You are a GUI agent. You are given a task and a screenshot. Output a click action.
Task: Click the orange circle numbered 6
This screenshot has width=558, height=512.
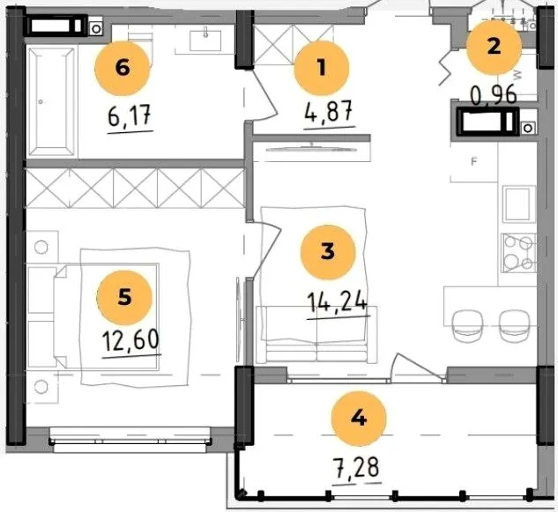[x=123, y=68]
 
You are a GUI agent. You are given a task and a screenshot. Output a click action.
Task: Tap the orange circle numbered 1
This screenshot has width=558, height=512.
[x=322, y=68]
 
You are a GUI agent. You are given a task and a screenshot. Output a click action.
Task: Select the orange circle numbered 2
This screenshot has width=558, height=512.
[x=494, y=48]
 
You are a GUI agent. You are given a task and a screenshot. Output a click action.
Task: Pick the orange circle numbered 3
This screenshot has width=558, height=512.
[x=328, y=252]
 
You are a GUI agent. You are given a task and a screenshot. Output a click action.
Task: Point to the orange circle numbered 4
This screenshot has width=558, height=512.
[x=359, y=419]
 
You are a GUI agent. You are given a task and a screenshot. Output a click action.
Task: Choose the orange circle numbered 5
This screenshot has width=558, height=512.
[x=124, y=298]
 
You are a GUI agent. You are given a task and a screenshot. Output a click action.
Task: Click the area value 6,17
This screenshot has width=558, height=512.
[x=130, y=116]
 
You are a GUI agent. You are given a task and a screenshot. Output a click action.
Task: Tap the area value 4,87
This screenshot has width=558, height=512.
[x=329, y=111]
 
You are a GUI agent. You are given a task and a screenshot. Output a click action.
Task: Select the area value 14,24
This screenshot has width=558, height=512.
[x=338, y=302]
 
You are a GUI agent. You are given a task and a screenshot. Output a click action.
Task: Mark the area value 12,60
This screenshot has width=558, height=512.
[x=130, y=340]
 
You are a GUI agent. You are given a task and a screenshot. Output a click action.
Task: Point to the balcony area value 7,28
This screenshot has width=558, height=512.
[x=356, y=468]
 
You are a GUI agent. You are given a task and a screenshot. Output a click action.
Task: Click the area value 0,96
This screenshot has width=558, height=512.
[x=494, y=96]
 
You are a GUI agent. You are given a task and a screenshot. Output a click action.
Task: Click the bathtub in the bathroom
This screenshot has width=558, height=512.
[x=52, y=101]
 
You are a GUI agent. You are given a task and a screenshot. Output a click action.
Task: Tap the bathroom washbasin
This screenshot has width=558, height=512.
[x=205, y=41]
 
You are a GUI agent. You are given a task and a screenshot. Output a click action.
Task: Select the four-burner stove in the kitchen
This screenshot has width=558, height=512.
[x=518, y=253]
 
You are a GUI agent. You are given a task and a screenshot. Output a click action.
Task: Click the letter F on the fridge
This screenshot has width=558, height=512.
[x=473, y=162]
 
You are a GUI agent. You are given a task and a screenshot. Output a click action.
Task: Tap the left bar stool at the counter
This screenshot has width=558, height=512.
[x=467, y=326]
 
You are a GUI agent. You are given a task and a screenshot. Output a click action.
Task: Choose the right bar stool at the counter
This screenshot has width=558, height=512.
[x=515, y=326]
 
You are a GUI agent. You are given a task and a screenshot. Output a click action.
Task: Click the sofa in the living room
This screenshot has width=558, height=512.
[x=316, y=335]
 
